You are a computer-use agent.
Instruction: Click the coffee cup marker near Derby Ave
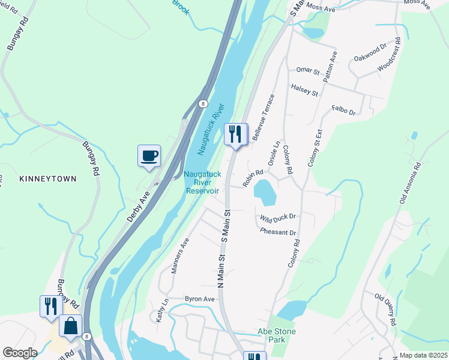(149, 156)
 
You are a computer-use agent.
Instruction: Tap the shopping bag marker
(70, 327)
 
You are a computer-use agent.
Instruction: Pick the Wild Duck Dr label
(278, 217)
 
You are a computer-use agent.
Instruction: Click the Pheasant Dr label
(279, 232)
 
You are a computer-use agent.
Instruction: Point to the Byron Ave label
(200, 299)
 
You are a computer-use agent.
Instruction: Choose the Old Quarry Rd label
(386, 310)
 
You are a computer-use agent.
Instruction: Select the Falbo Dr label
(344, 111)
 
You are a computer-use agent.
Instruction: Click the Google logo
(20, 352)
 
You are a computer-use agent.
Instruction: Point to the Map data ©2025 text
(423, 355)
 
